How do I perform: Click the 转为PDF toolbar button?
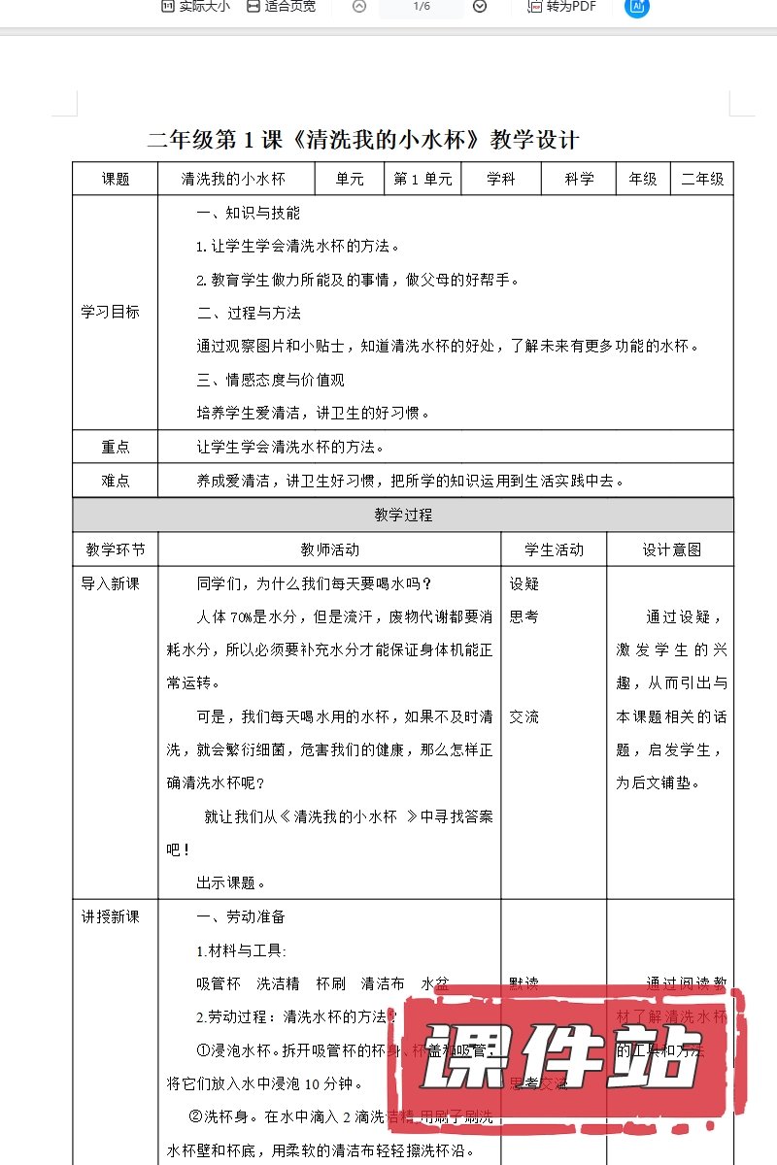coord(561,7)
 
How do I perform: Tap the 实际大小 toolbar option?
coord(195,7)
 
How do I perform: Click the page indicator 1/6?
coord(421,7)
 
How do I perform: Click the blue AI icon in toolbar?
coord(637,7)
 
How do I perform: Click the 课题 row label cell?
coord(116,179)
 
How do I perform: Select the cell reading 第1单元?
coord(422,179)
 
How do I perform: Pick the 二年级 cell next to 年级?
coord(702,179)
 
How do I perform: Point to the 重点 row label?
coord(116,447)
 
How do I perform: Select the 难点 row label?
coord(116,480)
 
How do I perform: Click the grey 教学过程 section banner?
coord(403,515)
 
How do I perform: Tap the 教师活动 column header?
coord(329,549)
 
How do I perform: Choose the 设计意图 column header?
coord(671,549)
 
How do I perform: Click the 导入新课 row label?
coord(110,583)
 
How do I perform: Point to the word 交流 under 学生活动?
coord(524,716)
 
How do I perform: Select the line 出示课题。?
coord(231,882)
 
